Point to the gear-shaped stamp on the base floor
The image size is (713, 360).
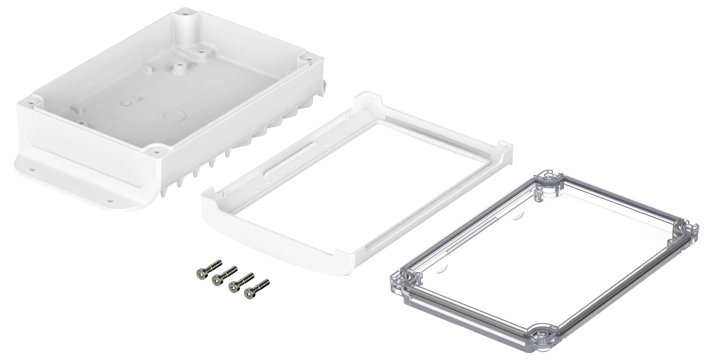126,103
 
